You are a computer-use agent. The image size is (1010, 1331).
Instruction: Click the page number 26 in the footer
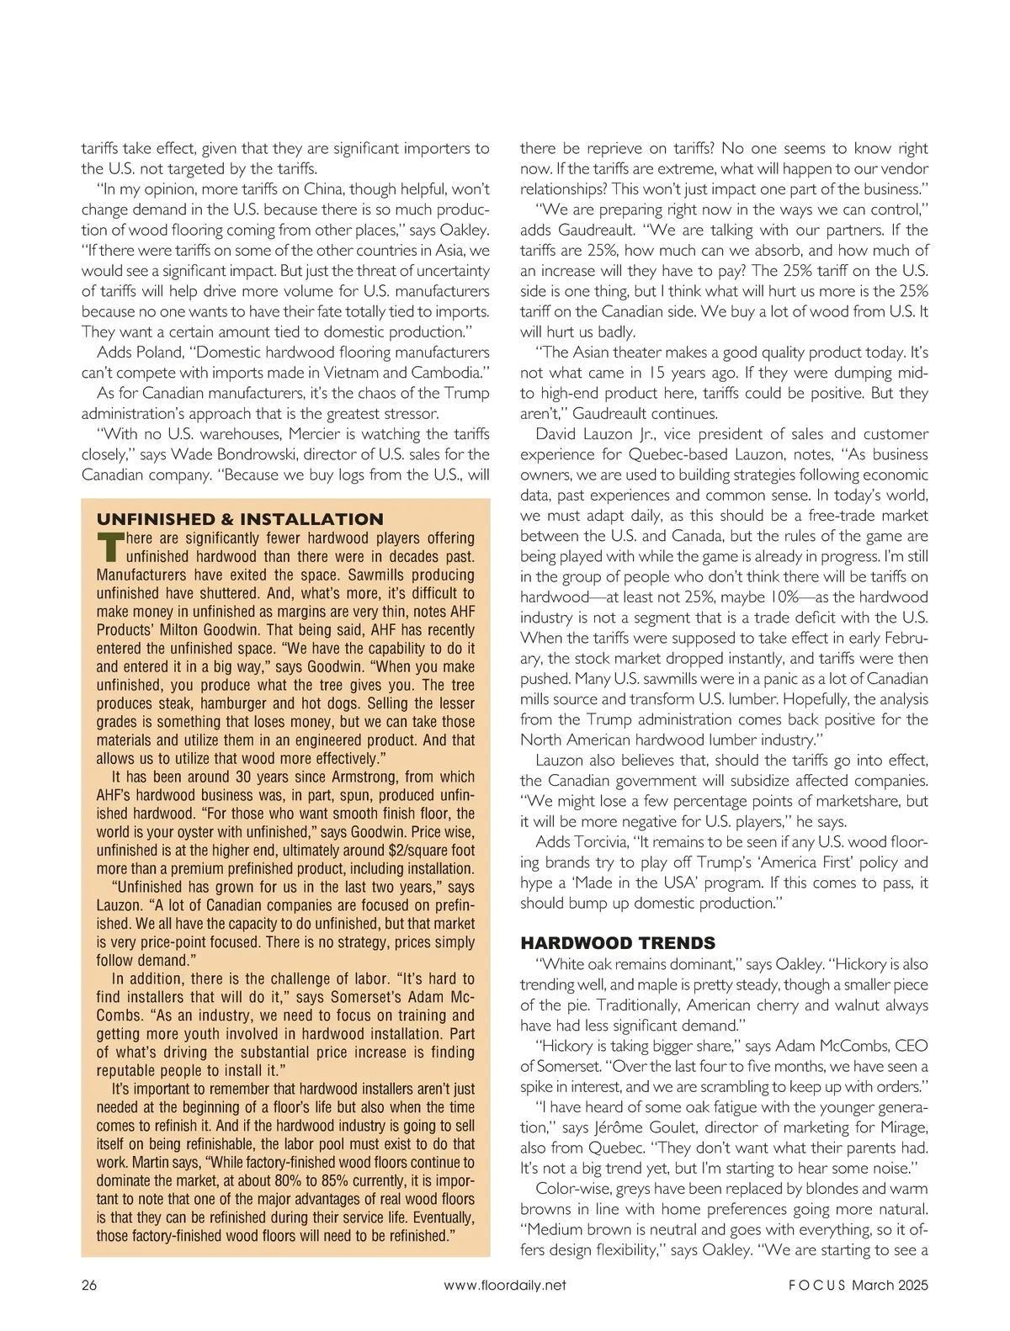coord(89,1285)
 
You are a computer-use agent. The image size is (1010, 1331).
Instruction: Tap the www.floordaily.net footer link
coord(504,1285)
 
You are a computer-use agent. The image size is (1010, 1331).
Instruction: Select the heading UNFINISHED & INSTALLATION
coord(240,519)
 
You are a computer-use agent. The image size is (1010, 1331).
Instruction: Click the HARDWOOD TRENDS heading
coord(618,942)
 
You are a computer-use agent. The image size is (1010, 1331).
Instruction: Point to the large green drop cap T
coord(109,548)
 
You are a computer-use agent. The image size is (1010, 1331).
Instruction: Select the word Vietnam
coord(364,373)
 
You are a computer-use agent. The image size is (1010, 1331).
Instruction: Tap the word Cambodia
coord(447,373)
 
